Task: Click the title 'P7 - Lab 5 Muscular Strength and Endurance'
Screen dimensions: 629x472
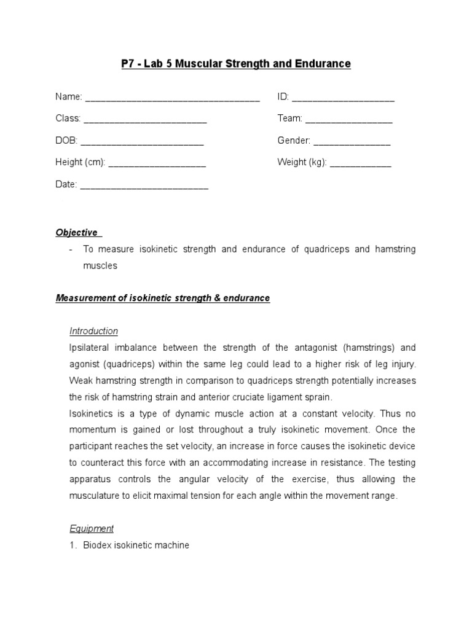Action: tap(236, 64)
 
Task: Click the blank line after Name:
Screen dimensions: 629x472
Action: tap(172, 98)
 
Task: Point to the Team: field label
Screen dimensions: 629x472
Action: tap(289, 119)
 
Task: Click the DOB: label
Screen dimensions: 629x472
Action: tap(66, 141)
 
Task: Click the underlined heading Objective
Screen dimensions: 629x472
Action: tap(77, 233)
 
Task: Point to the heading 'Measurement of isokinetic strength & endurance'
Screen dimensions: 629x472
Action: tap(163, 299)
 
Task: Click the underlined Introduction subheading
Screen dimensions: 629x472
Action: tap(93, 331)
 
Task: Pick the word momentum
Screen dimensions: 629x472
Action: tap(92, 430)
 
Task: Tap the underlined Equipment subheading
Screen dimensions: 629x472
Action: tap(92, 529)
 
